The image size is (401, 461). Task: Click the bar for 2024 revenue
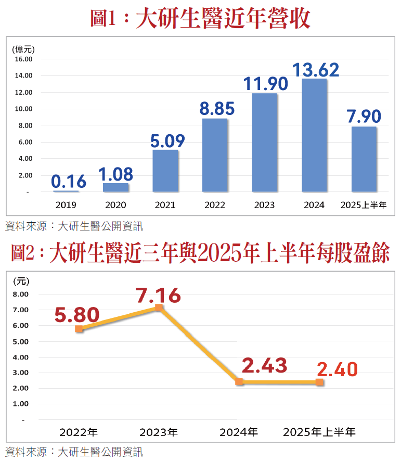(314, 135)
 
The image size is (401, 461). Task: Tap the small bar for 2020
(115, 187)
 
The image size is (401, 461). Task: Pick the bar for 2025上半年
(364, 159)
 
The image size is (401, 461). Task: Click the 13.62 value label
(316, 70)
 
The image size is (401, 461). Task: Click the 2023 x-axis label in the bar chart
(264, 205)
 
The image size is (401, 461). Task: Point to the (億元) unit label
(23, 49)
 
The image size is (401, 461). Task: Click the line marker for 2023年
(159, 308)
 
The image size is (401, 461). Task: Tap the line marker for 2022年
(79, 329)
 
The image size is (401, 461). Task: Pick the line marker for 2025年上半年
(319, 382)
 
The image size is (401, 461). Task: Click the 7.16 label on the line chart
(159, 296)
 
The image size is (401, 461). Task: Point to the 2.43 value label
(265, 366)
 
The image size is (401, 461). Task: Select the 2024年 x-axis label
(239, 432)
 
